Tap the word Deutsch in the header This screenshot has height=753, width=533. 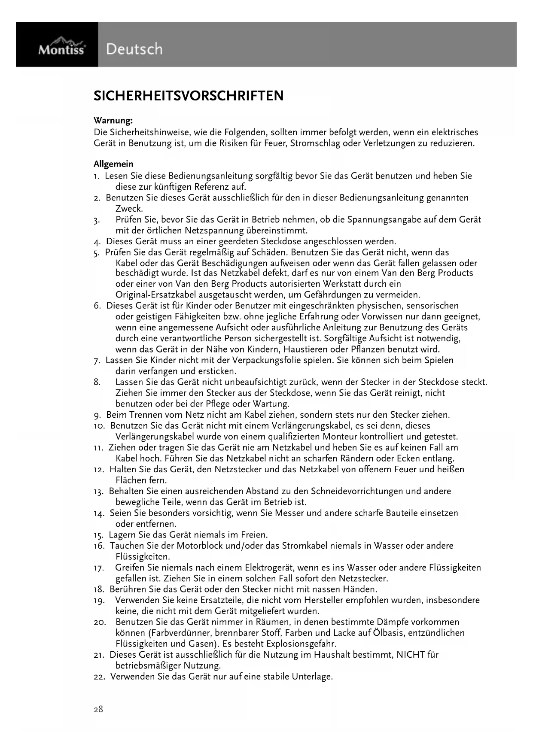[134, 49]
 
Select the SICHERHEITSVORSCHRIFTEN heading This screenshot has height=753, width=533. [189, 95]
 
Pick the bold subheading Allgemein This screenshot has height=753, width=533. [113, 164]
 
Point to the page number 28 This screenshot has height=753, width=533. [98, 709]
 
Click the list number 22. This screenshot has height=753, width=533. [99, 677]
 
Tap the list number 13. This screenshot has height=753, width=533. [99, 492]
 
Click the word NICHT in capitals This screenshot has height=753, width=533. [411, 655]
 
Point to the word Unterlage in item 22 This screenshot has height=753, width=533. [312, 677]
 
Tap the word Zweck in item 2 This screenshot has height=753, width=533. [129, 209]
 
